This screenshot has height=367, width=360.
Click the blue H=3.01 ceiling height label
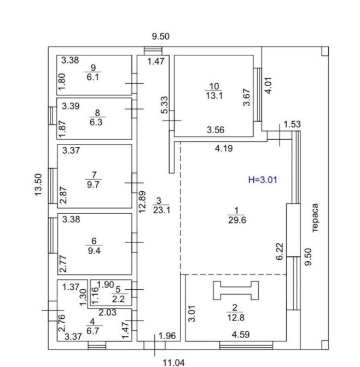tap(263, 179)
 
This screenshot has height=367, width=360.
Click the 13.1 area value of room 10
tap(214, 95)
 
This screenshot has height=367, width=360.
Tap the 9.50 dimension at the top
tap(161, 37)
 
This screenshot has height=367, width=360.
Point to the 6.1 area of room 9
tap(94, 78)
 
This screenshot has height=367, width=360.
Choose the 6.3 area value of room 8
tap(96, 123)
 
